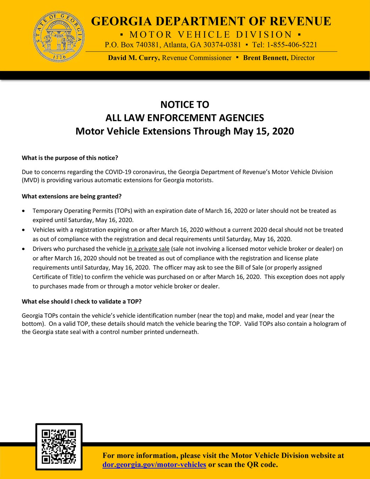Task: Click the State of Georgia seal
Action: [x=59, y=37]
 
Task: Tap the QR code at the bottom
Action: [x=59, y=446]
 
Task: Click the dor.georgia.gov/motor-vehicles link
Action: [x=154, y=465]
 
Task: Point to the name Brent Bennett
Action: [x=266, y=58]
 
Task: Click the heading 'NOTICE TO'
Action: [x=184, y=105]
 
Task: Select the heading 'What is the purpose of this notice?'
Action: [x=70, y=158]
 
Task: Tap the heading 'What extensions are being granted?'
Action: [x=72, y=197]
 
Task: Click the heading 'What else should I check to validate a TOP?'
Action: [x=82, y=302]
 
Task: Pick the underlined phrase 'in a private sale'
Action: [x=148, y=249]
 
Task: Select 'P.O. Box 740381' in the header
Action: [x=132, y=45]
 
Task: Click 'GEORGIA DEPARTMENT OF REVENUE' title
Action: [x=211, y=21]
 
